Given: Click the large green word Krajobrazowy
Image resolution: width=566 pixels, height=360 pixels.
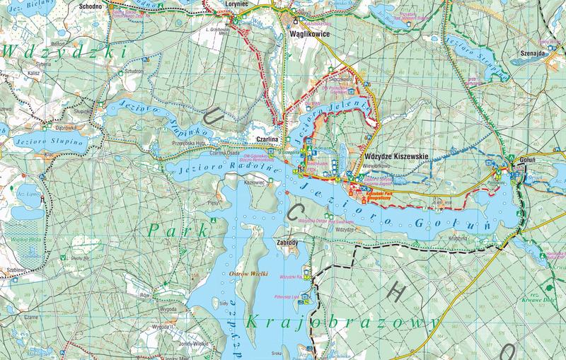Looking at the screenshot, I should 340,323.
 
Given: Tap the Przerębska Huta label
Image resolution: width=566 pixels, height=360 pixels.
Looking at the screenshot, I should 189,140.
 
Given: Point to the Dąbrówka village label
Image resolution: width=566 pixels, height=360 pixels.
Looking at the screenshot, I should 52,128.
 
